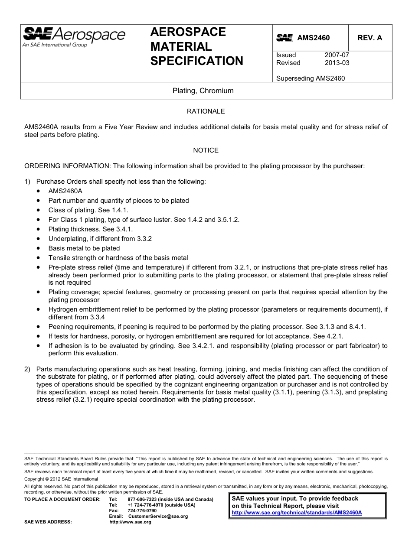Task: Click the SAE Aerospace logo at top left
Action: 74,37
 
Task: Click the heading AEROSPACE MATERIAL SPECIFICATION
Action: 196,46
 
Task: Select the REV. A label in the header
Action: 369,38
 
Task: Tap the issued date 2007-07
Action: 337,55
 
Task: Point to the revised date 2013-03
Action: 337,63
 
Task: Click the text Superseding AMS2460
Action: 310,78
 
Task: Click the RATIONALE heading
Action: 206,111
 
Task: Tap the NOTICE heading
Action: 206,150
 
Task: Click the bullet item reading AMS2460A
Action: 65,191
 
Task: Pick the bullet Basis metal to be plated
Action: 84,248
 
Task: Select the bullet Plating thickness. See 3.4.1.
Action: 90,229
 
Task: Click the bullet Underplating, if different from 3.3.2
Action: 100,239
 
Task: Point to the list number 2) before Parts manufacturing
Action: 27,369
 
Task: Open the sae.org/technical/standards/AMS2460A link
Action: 297,512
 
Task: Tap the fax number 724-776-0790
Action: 142,510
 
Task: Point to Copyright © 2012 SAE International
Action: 61,479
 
